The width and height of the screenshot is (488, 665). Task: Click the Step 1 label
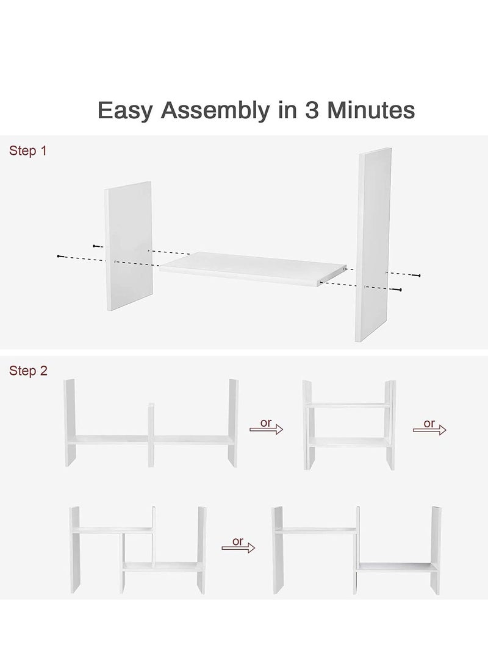(x=27, y=151)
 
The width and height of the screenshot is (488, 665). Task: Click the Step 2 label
(x=27, y=371)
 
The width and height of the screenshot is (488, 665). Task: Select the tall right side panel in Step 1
(x=373, y=247)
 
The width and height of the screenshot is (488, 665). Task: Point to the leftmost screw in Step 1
(x=59, y=255)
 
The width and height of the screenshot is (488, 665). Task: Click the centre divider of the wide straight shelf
(x=151, y=434)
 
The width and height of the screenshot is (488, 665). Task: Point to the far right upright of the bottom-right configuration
(x=437, y=549)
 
